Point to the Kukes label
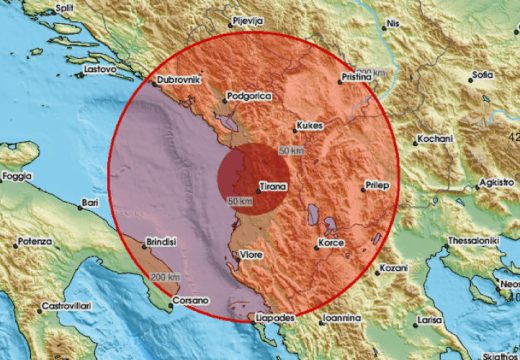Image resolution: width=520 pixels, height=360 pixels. coord(307,127)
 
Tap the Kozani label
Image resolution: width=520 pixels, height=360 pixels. coord(395,269)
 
